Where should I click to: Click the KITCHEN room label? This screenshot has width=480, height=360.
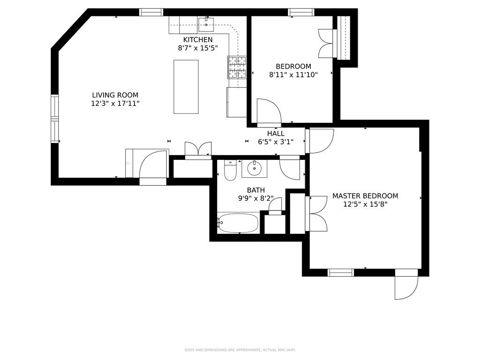coord(198,40)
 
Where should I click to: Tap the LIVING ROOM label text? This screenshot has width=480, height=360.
coord(115,95)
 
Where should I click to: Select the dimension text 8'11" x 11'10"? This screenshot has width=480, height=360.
coord(293,75)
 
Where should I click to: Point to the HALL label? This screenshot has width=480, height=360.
coord(276,134)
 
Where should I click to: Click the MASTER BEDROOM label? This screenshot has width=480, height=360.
coord(365,196)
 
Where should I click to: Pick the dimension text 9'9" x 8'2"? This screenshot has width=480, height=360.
coord(256,198)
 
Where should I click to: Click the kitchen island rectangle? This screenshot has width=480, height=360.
coord(186,87)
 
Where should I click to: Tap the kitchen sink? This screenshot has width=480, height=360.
coord(206,24)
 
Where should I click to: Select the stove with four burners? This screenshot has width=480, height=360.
coord(237,67)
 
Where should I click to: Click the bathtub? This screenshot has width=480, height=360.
coord(238,223)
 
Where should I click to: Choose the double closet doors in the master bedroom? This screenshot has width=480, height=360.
coord(317,214)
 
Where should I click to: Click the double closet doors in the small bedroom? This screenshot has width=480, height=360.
coord(328,43)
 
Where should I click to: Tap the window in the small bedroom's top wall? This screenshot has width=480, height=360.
coord(301,12)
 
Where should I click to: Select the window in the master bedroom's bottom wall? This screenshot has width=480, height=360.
coord(340,272)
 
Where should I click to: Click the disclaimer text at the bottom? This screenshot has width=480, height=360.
coord(240,350)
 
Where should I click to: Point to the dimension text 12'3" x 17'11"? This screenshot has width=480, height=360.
coord(115,104)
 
